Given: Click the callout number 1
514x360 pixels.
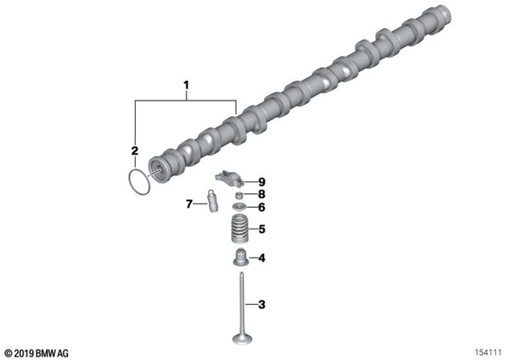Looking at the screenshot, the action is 187,86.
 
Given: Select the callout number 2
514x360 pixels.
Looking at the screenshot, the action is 134,151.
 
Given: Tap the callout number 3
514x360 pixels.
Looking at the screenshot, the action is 261,305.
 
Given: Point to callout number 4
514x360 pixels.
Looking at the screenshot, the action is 261,258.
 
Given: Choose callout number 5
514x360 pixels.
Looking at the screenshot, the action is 261,229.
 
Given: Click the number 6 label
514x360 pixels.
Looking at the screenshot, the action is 261,207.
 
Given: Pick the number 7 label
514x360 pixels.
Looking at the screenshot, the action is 189,204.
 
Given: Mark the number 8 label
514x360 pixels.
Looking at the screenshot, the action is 261,194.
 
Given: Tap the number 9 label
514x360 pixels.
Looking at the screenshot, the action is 261,182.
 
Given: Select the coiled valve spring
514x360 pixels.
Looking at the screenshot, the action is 240,229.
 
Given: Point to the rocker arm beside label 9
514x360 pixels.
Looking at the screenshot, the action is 229,177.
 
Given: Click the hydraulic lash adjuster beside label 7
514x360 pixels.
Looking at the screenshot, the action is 212,201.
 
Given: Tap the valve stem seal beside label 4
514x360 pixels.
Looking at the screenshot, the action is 241,257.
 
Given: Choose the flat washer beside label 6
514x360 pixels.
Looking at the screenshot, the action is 240,207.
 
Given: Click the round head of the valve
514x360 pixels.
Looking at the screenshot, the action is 242,339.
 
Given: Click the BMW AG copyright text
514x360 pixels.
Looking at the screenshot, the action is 37,353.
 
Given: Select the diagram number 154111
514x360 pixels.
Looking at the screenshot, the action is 488,352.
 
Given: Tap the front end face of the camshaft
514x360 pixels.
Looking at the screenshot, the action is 156,170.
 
